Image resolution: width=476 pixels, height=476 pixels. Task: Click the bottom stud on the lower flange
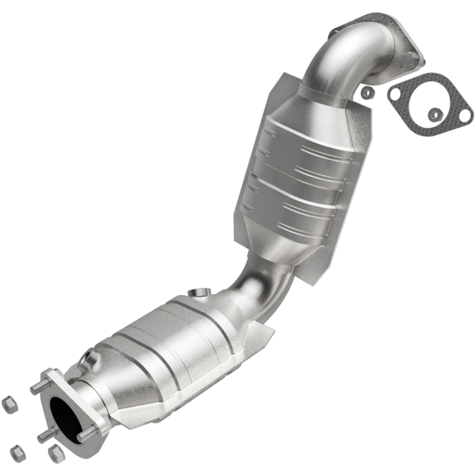click(46, 436)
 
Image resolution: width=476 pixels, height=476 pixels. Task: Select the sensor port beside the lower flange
click(90, 358)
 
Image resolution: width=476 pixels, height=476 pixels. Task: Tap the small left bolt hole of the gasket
click(395, 93)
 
